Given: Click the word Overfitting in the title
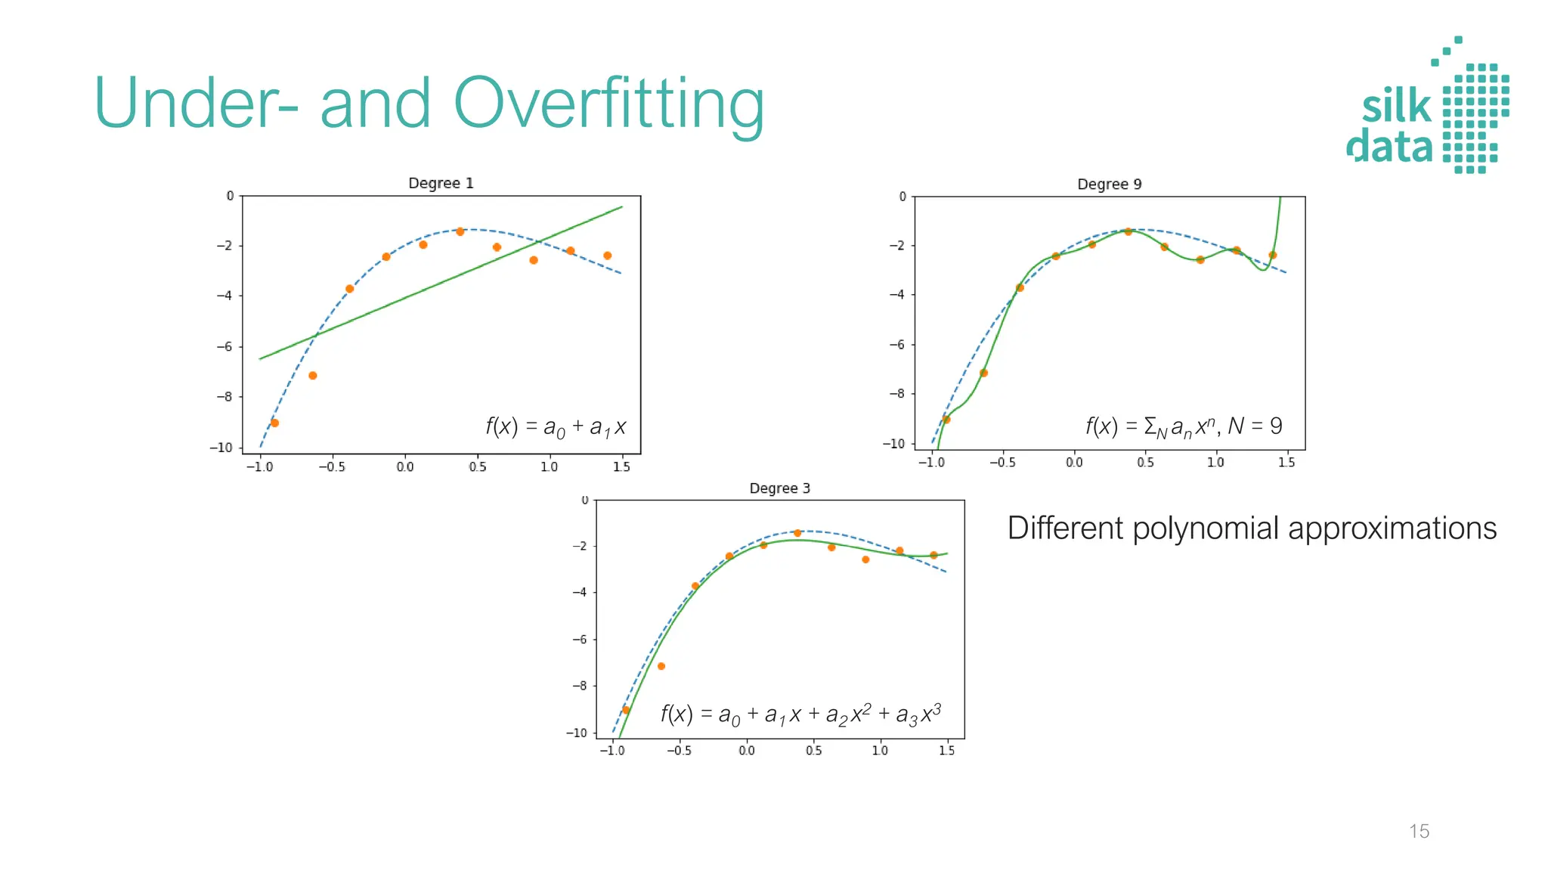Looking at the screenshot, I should [608, 104].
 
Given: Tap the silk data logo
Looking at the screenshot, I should [1427, 106].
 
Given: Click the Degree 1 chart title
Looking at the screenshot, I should [441, 183].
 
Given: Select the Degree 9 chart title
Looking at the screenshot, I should [1109, 184].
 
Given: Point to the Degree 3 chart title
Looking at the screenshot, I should [779, 488].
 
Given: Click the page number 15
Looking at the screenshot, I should [1419, 831].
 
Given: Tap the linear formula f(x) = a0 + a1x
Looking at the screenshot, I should [556, 427].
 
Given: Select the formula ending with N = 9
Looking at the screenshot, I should [1184, 426].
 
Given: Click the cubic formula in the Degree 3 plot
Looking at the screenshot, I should [800, 714].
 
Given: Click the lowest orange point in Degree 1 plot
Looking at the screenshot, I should [274, 423].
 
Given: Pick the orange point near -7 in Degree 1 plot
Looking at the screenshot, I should [312, 375].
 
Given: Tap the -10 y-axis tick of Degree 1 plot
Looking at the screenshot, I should [221, 448].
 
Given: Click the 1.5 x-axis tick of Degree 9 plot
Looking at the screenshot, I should [1286, 462].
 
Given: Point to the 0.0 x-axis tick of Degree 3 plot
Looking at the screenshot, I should [746, 751].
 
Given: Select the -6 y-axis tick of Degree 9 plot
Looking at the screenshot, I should [896, 345].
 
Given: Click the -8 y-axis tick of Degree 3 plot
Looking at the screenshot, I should [579, 686].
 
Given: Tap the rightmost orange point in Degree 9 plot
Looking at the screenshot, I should [1272, 255].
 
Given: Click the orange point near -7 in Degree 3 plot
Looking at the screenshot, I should [661, 666].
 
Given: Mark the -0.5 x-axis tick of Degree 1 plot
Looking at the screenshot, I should [331, 466].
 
